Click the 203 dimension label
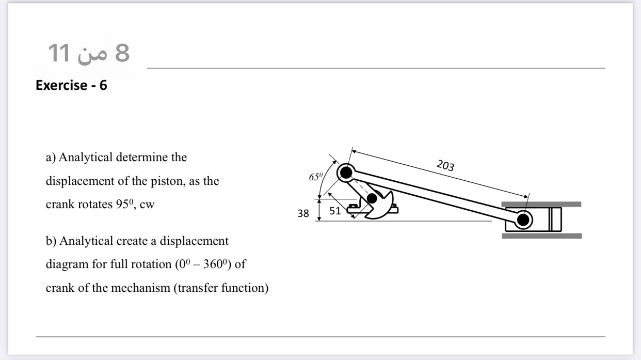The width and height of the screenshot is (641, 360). (x=445, y=165)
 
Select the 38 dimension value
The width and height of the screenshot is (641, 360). (x=303, y=212)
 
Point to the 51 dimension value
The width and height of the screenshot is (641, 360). (x=334, y=210)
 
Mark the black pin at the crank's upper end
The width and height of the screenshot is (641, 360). (x=346, y=172)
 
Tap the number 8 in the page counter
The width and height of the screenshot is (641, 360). (x=122, y=53)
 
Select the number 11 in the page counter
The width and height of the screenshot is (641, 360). (x=58, y=53)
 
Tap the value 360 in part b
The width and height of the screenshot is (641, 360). (x=212, y=264)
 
